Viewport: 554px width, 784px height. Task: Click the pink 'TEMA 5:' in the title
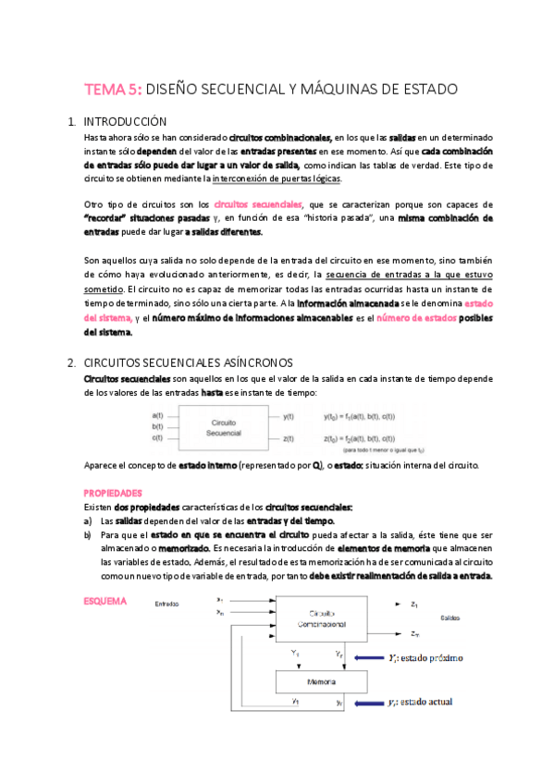pyautogui.click(x=114, y=90)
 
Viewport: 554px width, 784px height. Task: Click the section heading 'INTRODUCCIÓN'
pyautogui.click(x=125, y=122)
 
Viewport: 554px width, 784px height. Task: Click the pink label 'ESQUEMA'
pyautogui.click(x=105, y=601)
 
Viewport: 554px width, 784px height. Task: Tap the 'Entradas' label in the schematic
pyautogui.click(x=167, y=602)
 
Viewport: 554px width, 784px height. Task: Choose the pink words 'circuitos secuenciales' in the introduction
pyautogui.click(x=271, y=204)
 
